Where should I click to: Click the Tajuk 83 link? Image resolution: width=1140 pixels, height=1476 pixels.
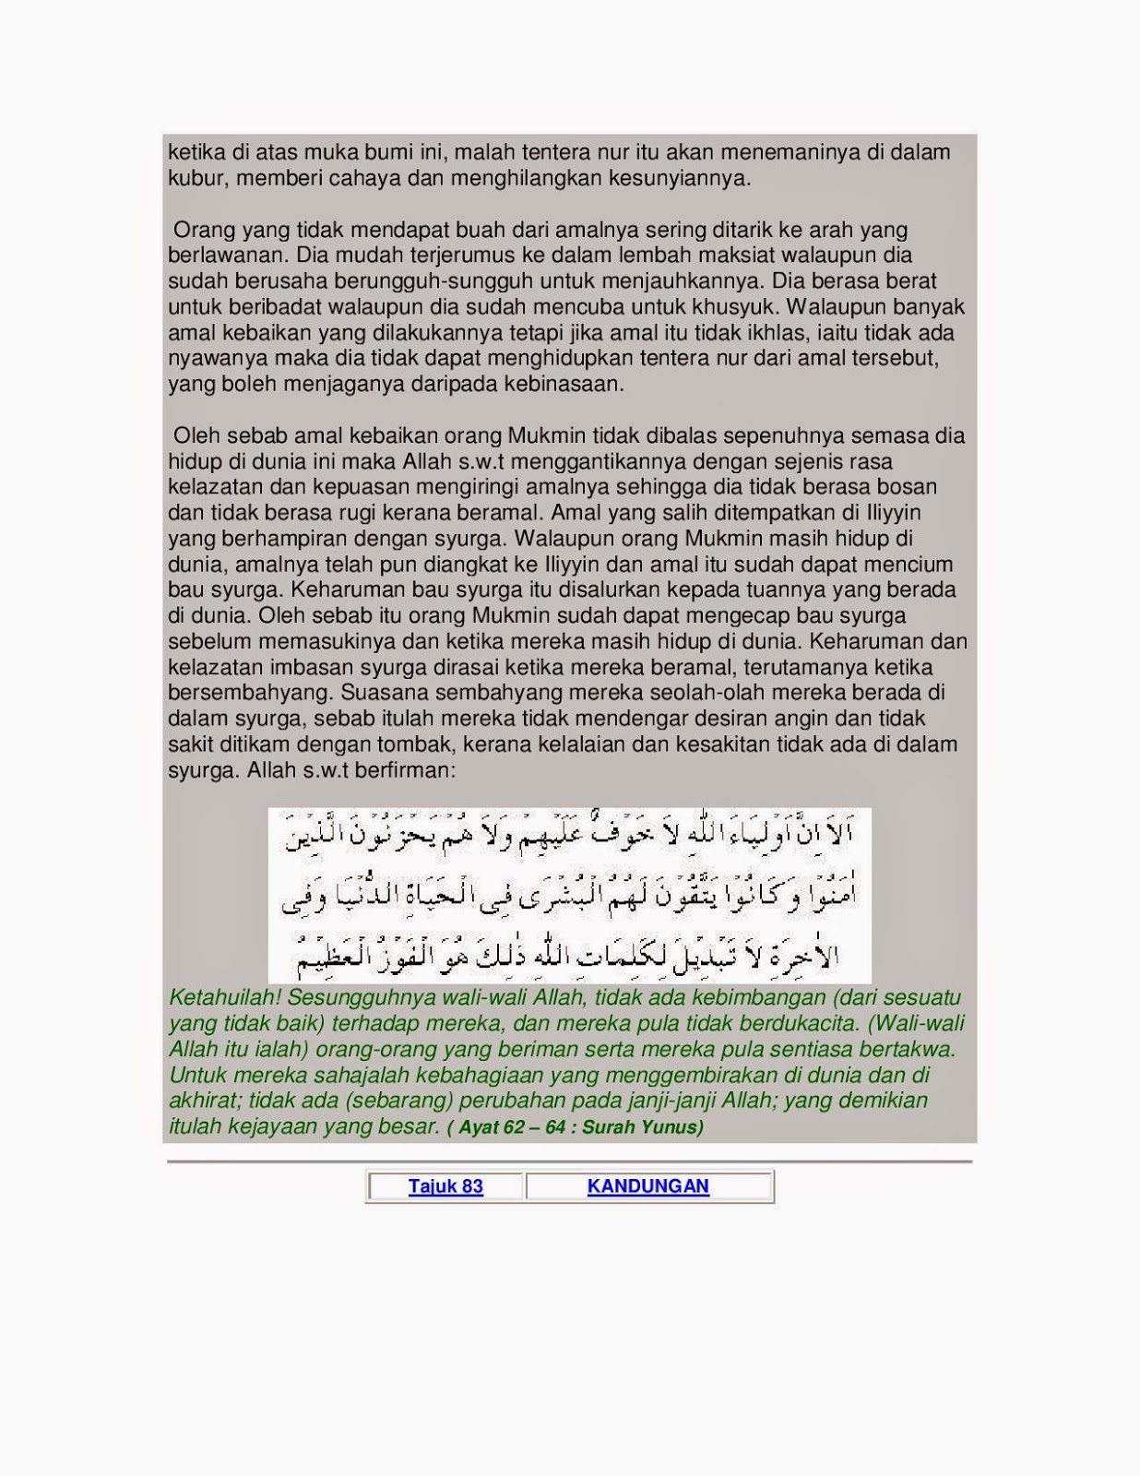pos(445,1186)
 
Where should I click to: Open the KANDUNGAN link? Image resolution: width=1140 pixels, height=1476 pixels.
pos(647,1186)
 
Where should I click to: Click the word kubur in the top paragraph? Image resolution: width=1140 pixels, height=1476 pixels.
pos(196,178)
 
